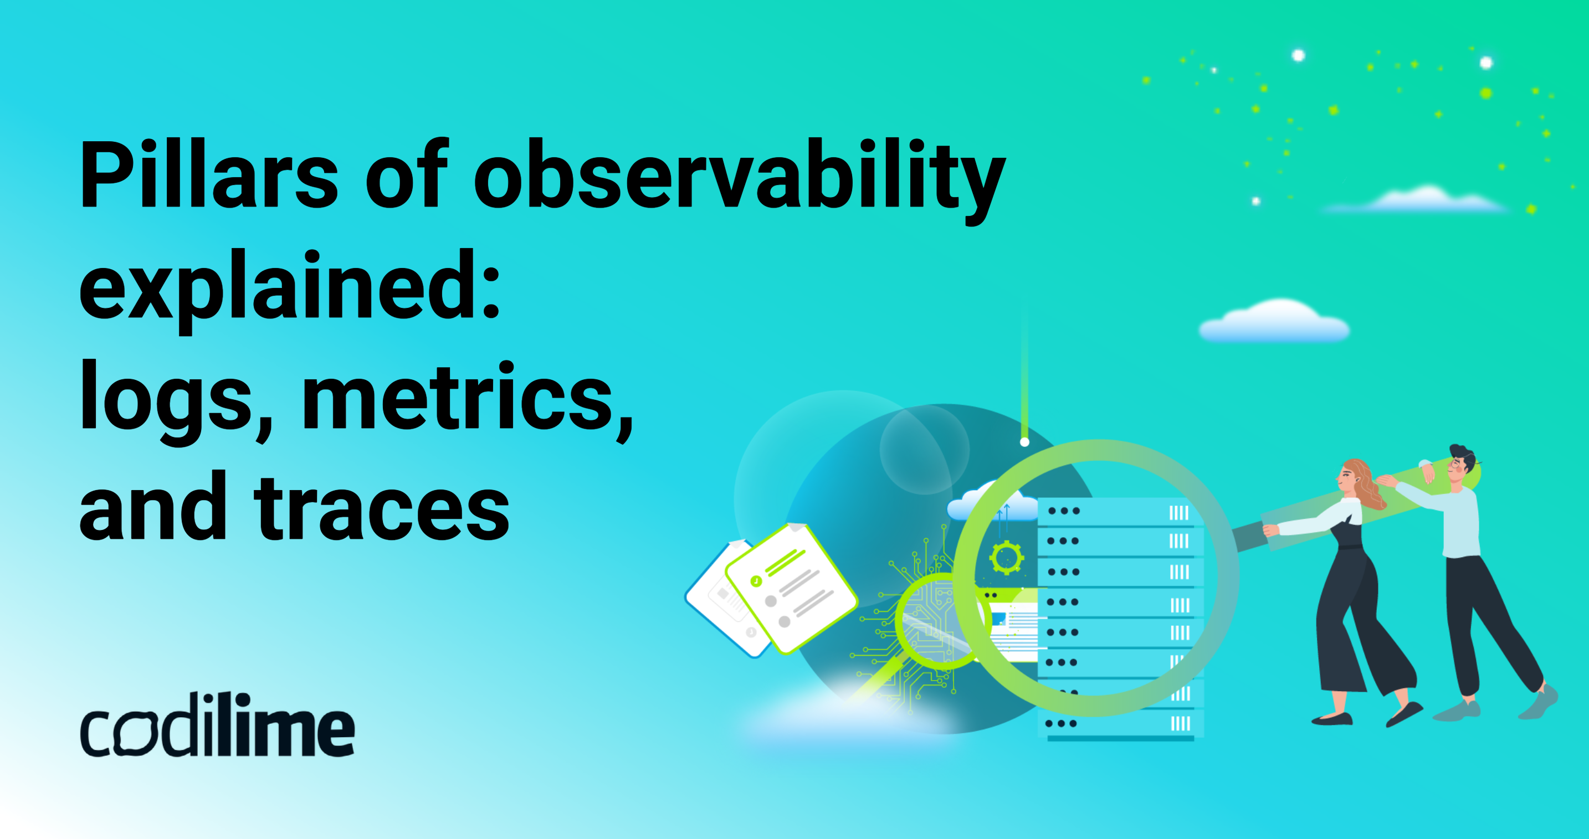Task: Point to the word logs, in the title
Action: pos(176,398)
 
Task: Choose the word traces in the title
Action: pos(382,509)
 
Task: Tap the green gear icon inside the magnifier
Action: pos(1006,558)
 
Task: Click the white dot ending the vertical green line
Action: pos(1024,442)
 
